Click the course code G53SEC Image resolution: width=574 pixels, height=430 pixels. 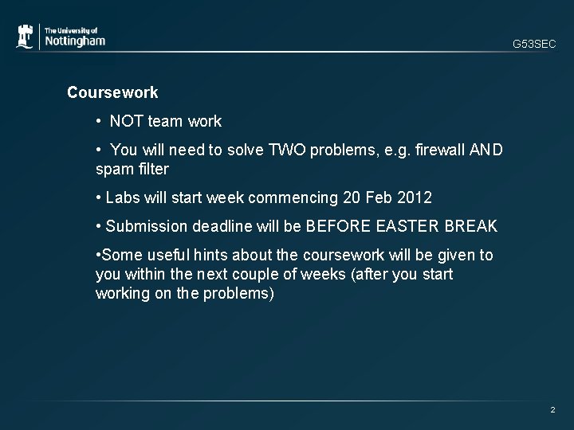534,45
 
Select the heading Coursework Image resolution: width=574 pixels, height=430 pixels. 112,92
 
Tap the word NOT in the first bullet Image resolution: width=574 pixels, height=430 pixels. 126,122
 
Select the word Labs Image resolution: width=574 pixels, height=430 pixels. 123,197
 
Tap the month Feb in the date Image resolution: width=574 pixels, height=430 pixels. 378,197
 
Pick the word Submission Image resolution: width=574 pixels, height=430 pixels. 147,226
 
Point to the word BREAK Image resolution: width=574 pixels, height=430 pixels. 471,226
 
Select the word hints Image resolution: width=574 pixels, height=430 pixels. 209,255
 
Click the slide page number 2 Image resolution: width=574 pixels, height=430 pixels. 552,409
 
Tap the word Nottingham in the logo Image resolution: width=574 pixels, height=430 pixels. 74,41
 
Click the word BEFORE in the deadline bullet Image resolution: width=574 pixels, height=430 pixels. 333,226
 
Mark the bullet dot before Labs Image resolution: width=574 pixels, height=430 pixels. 97,197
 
